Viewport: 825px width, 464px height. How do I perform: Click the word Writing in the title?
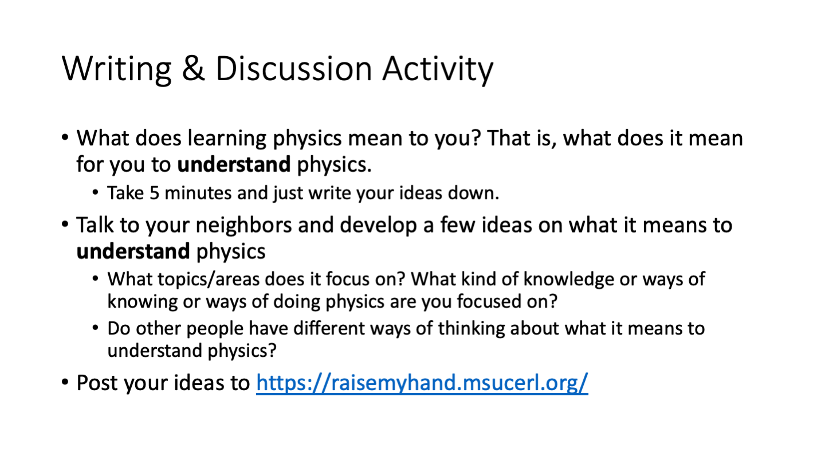(117, 69)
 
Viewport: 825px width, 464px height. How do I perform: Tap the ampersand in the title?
(194, 69)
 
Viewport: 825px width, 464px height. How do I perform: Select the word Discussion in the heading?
(293, 69)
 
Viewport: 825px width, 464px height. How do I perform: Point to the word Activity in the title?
(438, 70)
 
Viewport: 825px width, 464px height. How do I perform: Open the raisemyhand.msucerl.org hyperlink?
(422, 383)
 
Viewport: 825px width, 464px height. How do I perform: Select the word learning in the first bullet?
(227, 139)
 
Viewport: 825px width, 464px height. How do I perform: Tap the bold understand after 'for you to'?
(234, 164)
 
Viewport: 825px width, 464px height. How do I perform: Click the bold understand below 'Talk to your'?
(133, 251)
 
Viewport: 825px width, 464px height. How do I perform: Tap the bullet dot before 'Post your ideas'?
(65, 382)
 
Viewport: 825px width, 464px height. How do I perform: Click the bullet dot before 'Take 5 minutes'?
(96, 192)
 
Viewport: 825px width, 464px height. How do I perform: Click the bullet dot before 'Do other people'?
(96, 328)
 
